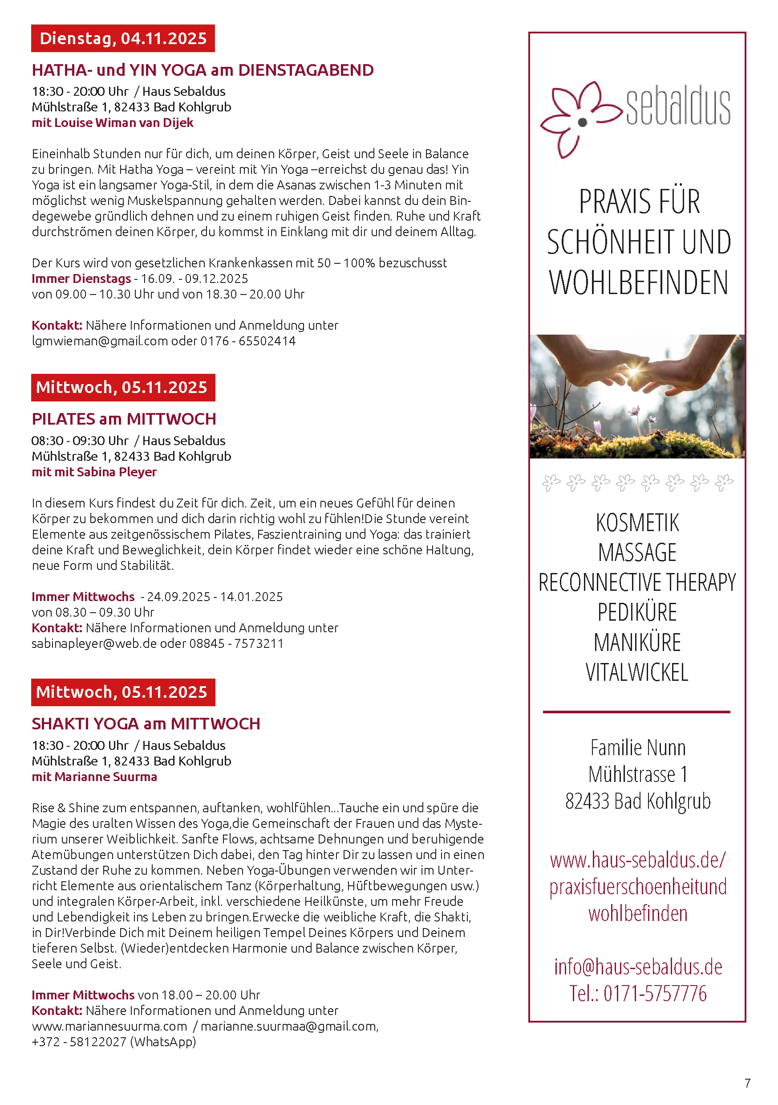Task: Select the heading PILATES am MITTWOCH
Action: [x=124, y=419]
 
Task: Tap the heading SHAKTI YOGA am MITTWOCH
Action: [x=146, y=724]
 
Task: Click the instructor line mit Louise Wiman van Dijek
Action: [x=113, y=123]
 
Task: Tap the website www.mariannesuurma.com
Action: [x=109, y=1027]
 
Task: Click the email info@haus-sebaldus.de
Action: [x=638, y=967]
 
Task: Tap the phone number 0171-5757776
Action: [x=655, y=994]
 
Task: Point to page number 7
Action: [x=747, y=1083]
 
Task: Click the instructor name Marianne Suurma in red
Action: [x=105, y=777]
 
